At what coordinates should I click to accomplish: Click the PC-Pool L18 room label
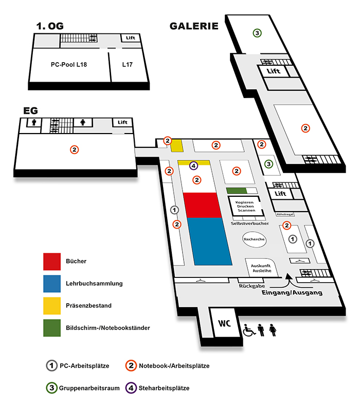(x=69, y=65)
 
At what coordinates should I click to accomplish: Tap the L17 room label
(x=128, y=65)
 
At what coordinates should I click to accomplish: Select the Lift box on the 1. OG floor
(x=131, y=38)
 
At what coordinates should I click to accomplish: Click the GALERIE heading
(x=194, y=26)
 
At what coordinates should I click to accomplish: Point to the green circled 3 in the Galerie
(x=257, y=33)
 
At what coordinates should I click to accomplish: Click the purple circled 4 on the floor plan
(x=193, y=165)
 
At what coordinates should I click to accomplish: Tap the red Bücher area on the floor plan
(x=202, y=205)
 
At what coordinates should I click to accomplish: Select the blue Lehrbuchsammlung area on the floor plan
(x=209, y=241)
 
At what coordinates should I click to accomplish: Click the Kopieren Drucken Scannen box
(x=245, y=207)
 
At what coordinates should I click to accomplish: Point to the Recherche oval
(x=254, y=239)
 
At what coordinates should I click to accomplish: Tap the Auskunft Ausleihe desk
(x=261, y=268)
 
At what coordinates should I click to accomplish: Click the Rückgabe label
(x=251, y=286)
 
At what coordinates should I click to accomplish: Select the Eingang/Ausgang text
(x=292, y=292)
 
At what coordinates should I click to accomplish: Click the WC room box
(x=225, y=323)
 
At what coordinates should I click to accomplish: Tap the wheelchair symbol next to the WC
(x=249, y=330)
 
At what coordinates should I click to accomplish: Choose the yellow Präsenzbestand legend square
(x=52, y=306)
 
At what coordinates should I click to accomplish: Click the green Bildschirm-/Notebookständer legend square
(x=52, y=328)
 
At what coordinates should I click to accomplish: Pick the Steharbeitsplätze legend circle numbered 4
(x=131, y=388)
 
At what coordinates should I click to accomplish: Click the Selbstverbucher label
(x=250, y=223)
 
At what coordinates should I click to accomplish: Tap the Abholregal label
(x=285, y=214)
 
